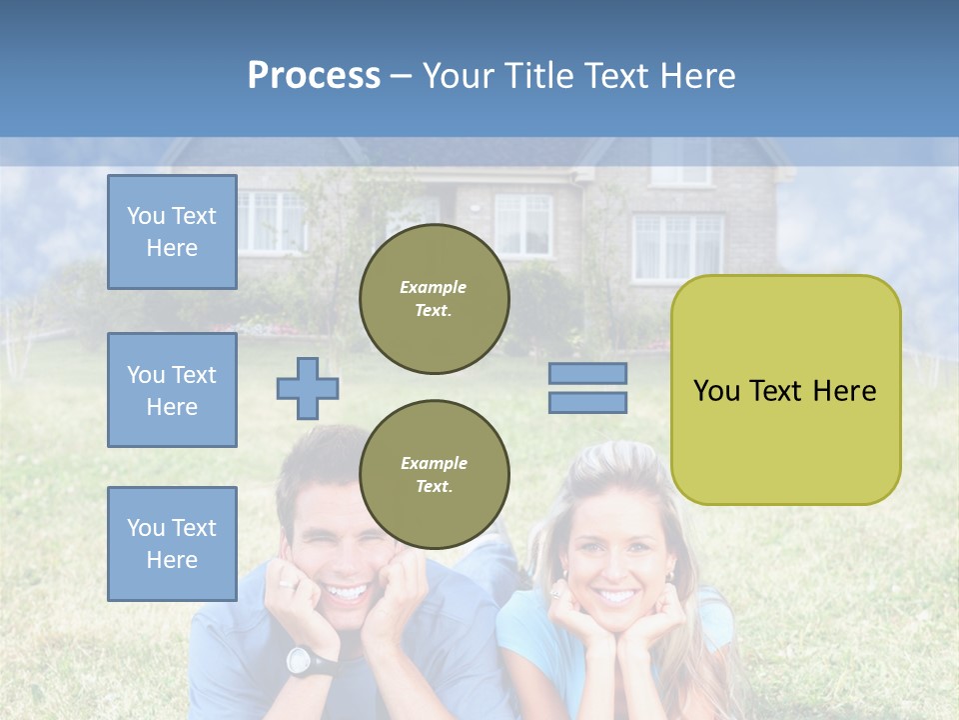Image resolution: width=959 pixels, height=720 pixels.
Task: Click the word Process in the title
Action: coord(314,76)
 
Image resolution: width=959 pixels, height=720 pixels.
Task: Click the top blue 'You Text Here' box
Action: coord(172,232)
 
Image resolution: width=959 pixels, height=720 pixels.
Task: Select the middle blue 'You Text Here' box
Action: coord(172,390)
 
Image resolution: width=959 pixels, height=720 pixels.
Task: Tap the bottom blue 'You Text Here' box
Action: coord(172,544)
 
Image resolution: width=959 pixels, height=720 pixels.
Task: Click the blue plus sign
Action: coord(308,388)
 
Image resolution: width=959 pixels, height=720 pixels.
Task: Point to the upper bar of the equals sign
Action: coord(587,373)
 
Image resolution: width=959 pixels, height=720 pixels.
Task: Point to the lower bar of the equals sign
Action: coord(587,402)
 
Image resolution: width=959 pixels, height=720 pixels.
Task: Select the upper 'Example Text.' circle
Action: coord(435,299)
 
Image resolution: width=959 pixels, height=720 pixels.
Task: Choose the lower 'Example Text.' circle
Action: coord(435,475)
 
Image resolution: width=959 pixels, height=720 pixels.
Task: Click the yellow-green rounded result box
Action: coord(786,390)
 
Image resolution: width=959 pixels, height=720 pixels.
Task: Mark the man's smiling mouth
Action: coord(347,593)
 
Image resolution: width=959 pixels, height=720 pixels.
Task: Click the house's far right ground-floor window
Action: coord(678,247)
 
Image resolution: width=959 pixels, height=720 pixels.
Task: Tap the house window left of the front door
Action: coord(271,221)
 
